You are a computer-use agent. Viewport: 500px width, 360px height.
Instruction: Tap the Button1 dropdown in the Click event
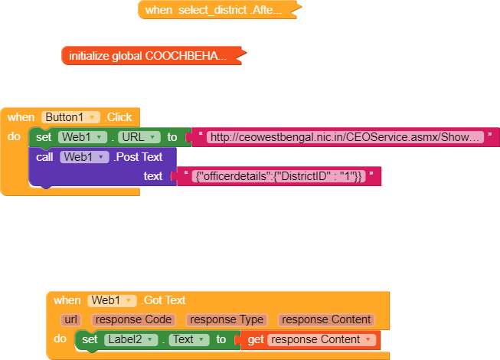pos(71,117)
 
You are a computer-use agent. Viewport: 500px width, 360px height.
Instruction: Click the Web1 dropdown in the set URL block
pos(82,137)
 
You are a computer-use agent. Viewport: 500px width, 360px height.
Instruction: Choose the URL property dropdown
pos(139,137)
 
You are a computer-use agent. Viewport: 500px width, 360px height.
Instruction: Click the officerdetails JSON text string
pos(279,176)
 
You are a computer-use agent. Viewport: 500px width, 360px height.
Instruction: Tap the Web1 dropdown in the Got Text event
pos(112,300)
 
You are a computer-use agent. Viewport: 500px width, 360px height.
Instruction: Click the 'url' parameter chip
pos(71,319)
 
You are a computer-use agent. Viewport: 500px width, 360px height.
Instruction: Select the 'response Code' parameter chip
pos(133,319)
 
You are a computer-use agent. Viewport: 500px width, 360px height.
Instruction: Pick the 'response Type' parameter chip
pos(227,319)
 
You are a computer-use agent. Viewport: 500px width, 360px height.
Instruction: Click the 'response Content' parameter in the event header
pos(325,319)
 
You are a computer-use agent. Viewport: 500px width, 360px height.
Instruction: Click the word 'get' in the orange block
pos(256,339)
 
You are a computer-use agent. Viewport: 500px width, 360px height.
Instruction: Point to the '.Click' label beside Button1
pos(119,117)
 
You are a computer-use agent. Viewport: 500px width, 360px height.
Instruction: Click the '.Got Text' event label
pos(164,300)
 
